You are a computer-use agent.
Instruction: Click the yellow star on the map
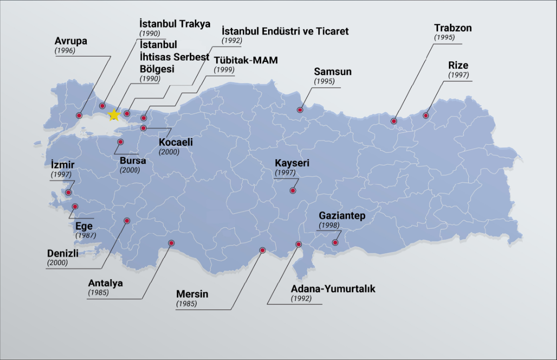tap(114, 115)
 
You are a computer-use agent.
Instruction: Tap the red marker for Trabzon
tap(394, 121)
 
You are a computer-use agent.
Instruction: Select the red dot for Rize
tap(426, 116)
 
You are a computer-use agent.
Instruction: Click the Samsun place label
tap(333, 71)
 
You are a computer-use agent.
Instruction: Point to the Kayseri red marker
tap(293, 190)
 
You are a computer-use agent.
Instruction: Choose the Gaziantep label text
tap(342, 216)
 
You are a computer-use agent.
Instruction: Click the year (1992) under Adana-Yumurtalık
tap(301, 299)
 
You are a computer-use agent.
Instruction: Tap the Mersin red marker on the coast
tap(262, 250)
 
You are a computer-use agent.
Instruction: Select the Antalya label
tap(105, 283)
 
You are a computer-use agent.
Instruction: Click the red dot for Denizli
tap(127, 221)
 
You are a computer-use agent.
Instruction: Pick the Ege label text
tap(84, 227)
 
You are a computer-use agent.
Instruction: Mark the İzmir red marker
tap(68, 192)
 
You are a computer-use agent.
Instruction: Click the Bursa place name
tap(133, 161)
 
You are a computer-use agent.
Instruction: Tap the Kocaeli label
tap(176, 142)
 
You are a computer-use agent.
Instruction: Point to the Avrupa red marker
tap(79, 116)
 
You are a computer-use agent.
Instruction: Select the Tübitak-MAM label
tap(246, 60)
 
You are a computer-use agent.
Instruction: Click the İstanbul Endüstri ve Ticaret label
tap(285, 31)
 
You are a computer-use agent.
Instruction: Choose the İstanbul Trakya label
tap(175, 24)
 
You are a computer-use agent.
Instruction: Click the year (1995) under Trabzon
tap(445, 38)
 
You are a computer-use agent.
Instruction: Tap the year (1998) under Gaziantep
tap(329, 225)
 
